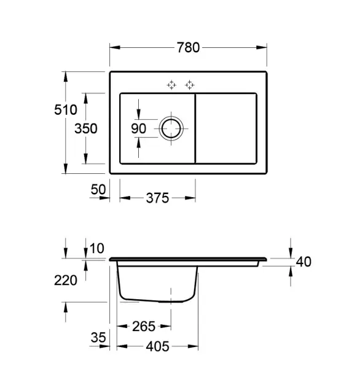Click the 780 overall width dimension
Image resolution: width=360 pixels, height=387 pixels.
click(x=188, y=47)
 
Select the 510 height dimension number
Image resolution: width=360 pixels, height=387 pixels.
click(x=66, y=109)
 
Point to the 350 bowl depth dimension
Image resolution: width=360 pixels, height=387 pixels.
click(x=86, y=128)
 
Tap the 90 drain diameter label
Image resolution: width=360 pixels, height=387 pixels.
click(x=138, y=128)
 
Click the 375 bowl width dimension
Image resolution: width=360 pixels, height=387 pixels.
click(x=157, y=198)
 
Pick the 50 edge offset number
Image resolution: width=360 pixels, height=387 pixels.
click(x=98, y=190)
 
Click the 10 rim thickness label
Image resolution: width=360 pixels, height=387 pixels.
click(x=97, y=248)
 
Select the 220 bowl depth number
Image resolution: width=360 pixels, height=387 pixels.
click(x=66, y=280)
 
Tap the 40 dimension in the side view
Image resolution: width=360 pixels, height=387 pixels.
click(x=303, y=262)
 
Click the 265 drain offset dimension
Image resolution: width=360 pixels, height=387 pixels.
click(x=144, y=327)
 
